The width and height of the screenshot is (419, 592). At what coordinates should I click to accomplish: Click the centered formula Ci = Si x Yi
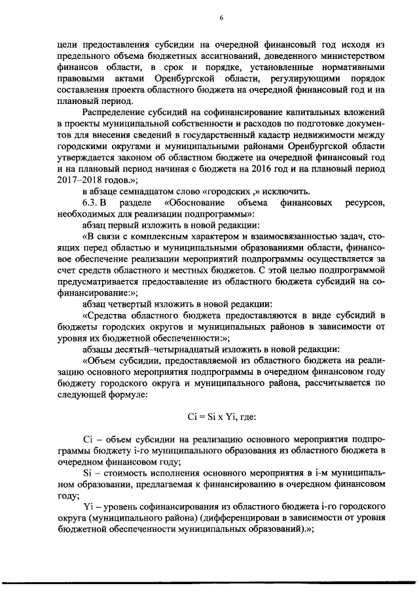pyautogui.click(x=221, y=417)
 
